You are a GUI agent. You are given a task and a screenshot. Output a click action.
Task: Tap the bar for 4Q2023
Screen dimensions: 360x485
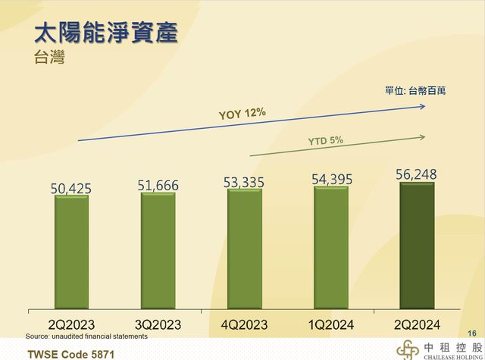coord(245,249)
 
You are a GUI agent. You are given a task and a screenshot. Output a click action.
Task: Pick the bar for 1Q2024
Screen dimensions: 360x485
coord(331,248)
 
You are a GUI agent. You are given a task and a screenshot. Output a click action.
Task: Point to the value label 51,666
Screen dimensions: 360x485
coord(158,184)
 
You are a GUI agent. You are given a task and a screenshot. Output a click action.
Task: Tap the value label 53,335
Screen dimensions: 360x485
coord(245,181)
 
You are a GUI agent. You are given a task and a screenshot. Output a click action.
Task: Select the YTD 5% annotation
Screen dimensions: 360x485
coord(326,140)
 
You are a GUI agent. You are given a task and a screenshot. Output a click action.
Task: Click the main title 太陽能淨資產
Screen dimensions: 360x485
coord(107,34)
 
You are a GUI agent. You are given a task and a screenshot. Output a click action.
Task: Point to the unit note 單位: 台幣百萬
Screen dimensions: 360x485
coord(415,90)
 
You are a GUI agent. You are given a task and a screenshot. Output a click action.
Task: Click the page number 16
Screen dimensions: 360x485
coord(472,333)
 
